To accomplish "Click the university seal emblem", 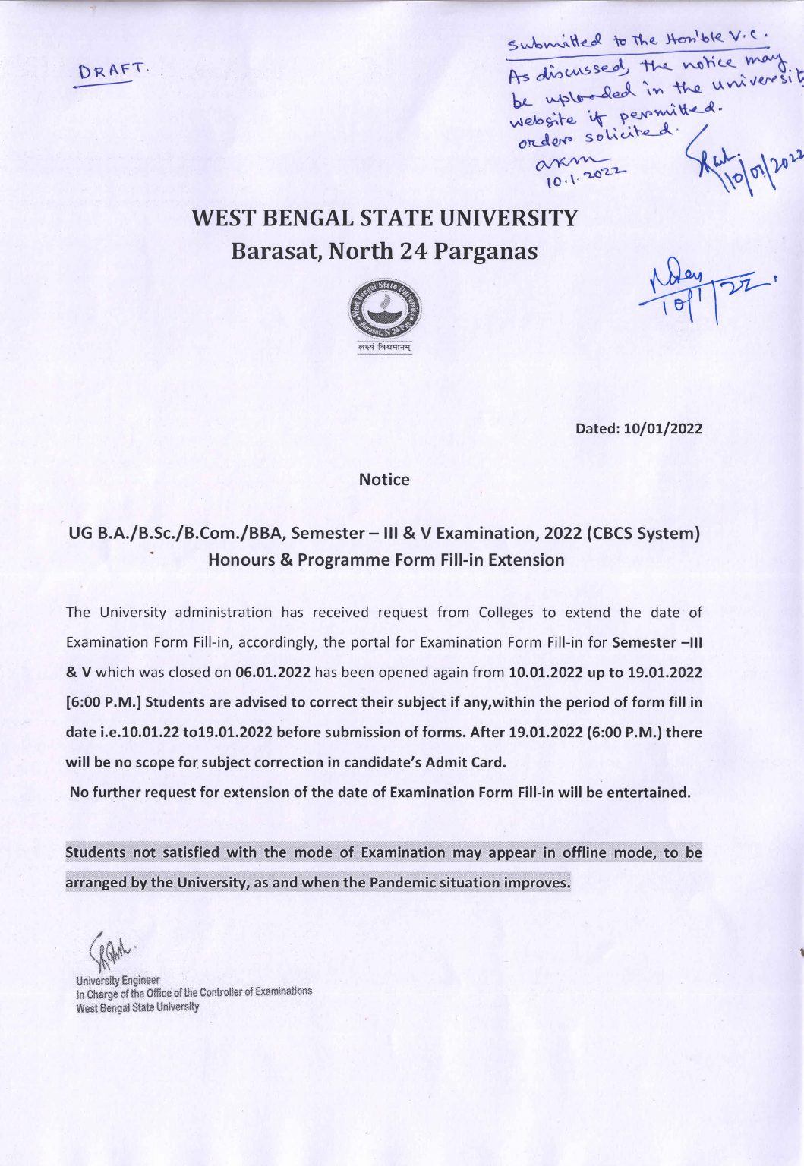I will pyautogui.click(x=385, y=311).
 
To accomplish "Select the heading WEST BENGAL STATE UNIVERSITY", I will pyautogui.click(x=384, y=219).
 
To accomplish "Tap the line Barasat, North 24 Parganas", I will pyautogui.click(x=384, y=251).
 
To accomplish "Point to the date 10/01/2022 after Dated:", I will pyautogui.click(x=662, y=429).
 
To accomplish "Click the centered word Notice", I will pyautogui.click(x=384, y=480).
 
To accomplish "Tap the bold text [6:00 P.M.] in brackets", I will pyautogui.click(x=103, y=702).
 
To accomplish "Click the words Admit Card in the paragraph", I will pyautogui.click(x=471, y=762).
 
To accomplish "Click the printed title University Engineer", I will pyautogui.click(x=118, y=980).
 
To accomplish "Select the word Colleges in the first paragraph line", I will pyautogui.click(x=506, y=613).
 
